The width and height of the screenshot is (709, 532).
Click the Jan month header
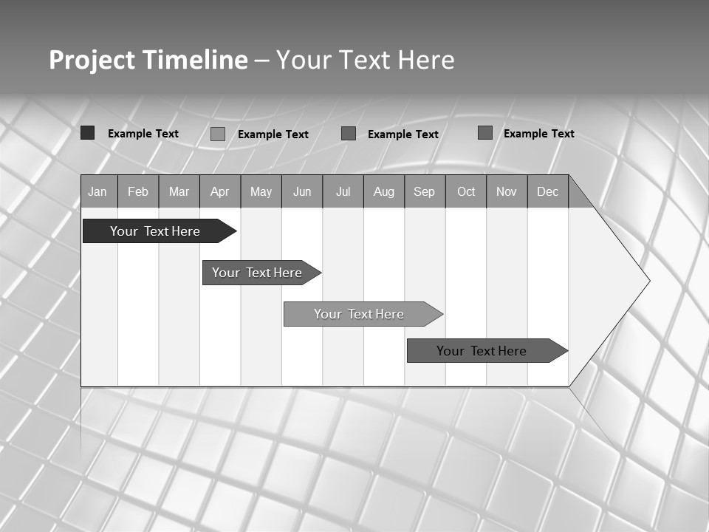pyautogui.click(x=98, y=191)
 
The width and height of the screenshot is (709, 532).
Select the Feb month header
pyautogui.click(x=138, y=191)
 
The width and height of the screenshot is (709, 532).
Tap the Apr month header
pyautogui.click(x=220, y=191)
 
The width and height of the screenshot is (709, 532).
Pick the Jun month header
pyautogui.click(x=302, y=191)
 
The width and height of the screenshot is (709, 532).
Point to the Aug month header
pyautogui.click(x=384, y=191)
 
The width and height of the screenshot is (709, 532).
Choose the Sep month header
pyautogui.click(x=425, y=191)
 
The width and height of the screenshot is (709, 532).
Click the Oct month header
pyautogui.click(x=466, y=191)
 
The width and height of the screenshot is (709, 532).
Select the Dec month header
pyautogui.click(x=548, y=191)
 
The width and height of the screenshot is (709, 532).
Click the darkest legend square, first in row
pyautogui.click(x=87, y=133)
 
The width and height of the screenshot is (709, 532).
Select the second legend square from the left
pyautogui.click(x=218, y=134)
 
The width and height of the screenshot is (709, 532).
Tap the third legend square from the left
pyautogui.click(x=349, y=134)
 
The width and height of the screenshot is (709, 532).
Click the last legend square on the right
pyautogui.click(x=485, y=133)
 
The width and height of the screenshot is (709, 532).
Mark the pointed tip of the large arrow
pyautogui.click(x=648, y=281)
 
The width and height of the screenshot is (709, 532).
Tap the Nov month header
pyautogui.click(x=507, y=191)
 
